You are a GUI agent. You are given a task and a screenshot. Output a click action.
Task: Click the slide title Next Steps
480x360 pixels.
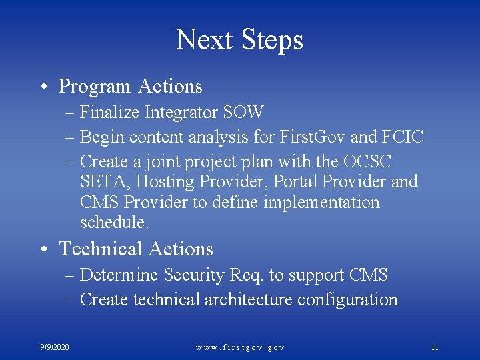(x=239, y=40)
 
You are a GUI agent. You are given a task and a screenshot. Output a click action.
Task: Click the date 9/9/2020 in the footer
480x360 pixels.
(x=55, y=347)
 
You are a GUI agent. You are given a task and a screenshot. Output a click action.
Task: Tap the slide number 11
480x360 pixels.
(x=435, y=347)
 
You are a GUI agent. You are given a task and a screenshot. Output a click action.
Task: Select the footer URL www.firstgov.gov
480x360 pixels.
(x=240, y=347)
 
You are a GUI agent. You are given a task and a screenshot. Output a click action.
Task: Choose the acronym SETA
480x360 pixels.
(x=99, y=182)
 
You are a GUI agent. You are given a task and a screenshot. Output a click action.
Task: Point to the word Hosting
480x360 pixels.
(x=148, y=182)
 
